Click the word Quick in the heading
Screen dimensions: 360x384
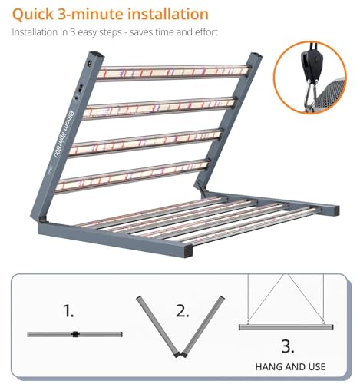click(x=32, y=15)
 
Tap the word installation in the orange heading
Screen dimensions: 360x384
click(x=168, y=14)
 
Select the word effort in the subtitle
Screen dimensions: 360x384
click(x=206, y=32)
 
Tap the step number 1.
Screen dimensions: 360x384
click(x=68, y=310)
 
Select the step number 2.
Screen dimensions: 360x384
click(x=182, y=310)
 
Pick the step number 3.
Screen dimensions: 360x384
click(x=287, y=346)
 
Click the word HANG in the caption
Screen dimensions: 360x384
click(x=269, y=367)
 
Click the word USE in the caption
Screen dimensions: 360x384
click(x=317, y=367)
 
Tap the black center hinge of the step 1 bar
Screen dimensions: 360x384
click(x=75, y=334)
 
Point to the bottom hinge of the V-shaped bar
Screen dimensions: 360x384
click(x=180, y=354)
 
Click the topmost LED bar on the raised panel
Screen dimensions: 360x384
click(x=173, y=71)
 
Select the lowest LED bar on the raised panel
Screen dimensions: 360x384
click(x=133, y=175)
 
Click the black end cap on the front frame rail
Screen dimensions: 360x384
click(x=188, y=252)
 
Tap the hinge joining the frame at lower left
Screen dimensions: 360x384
click(x=43, y=220)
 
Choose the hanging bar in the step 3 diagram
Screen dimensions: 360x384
click(x=286, y=327)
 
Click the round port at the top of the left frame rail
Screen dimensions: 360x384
click(x=90, y=64)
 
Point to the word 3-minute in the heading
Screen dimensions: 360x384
click(x=91, y=14)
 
